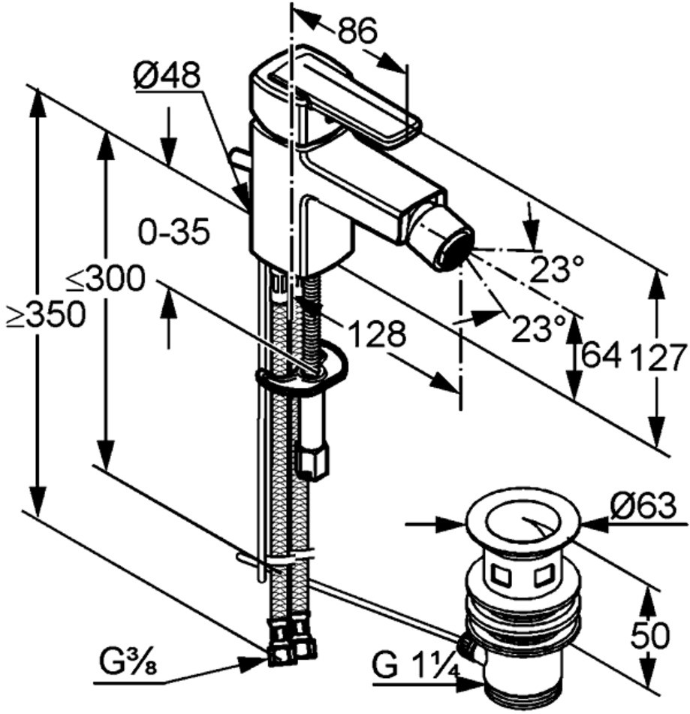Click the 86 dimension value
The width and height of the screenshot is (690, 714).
[357, 31]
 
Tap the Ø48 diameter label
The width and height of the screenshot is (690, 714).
[167, 75]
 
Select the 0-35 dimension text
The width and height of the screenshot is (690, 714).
[174, 231]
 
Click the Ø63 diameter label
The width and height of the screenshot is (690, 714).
[643, 505]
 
